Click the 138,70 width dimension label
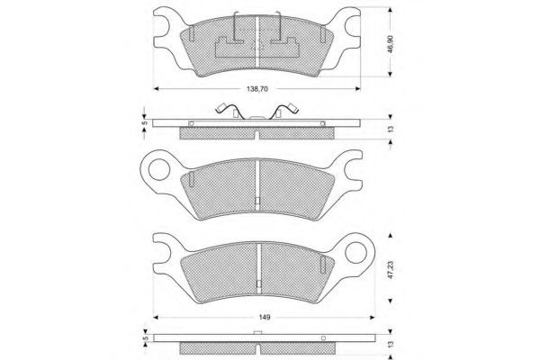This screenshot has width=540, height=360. [x=257, y=89]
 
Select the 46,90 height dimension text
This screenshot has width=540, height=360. [x=391, y=44]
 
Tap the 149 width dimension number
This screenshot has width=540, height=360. [x=264, y=318]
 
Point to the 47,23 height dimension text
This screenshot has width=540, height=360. [x=391, y=270]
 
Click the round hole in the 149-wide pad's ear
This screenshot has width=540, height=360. [x=355, y=253]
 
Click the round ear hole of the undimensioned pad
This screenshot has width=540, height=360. [x=159, y=170]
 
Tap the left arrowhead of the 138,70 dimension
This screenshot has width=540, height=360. [x=156, y=89]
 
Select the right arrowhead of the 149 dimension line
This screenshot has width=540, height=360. [x=372, y=318]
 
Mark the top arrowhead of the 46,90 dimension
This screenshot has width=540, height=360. [x=391, y=10]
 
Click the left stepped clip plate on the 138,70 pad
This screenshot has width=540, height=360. [x=229, y=48]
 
